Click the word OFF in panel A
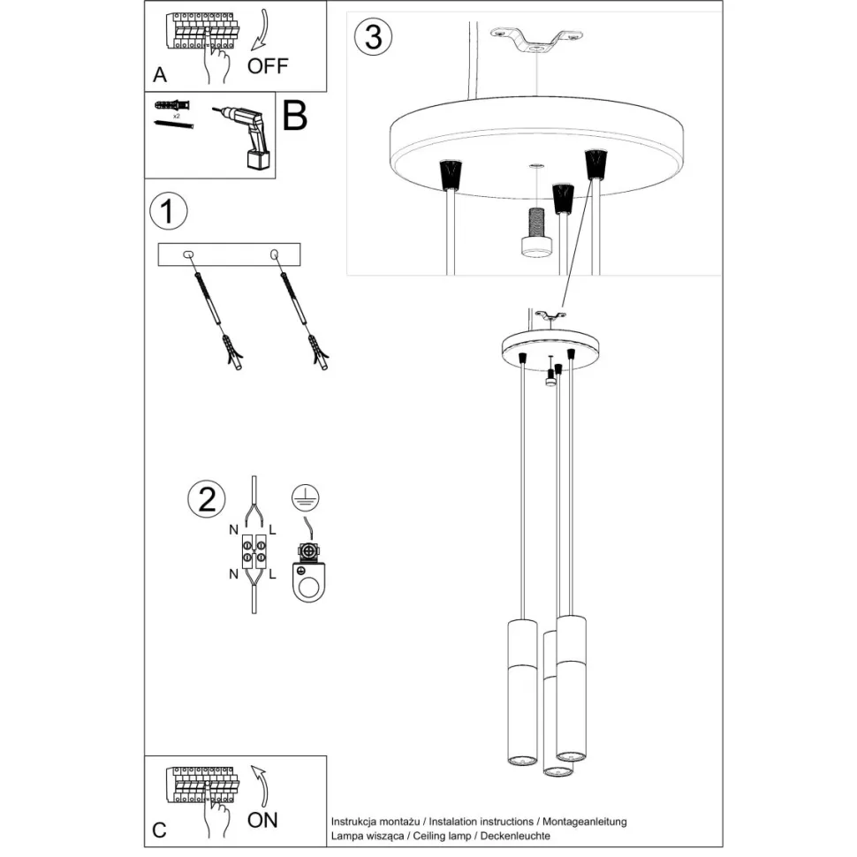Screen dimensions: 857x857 click(268, 65)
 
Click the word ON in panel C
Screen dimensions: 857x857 click(262, 820)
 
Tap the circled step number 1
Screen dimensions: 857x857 click(170, 212)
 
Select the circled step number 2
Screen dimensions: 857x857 click(207, 500)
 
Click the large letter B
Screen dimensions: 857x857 click(294, 117)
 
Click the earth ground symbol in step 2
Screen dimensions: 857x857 click(306, 498)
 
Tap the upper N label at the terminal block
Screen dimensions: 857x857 click(233, 530)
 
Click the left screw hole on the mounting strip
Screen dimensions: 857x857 click(187, 254)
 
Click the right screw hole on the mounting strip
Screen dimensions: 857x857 click(275, 254)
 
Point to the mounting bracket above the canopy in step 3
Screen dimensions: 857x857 click(537, 41)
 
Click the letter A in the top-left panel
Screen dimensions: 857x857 click(160, 75)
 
